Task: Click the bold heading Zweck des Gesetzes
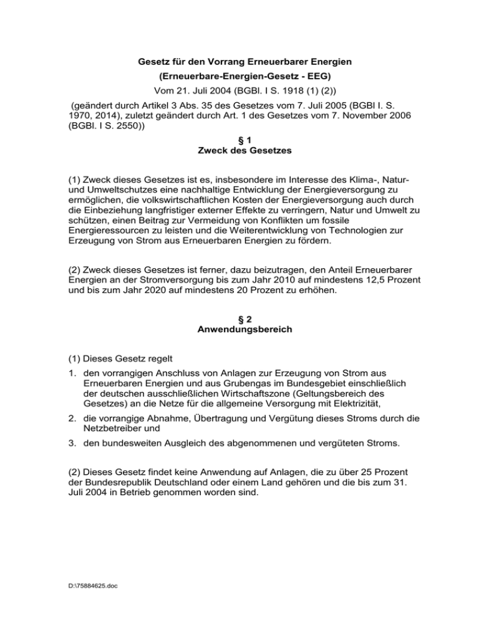tap(240, 165)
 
